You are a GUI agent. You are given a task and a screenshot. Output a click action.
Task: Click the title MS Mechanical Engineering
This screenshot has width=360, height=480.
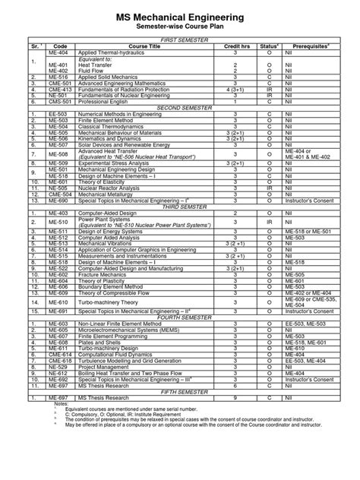[179, 16]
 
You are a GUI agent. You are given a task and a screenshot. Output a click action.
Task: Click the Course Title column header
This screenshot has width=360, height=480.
[140, 46]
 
